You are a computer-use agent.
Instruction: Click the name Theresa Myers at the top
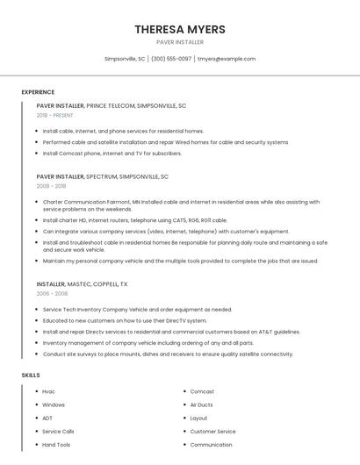(180, 29)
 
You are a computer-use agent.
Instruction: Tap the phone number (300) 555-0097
(170, 59)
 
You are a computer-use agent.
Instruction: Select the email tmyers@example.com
(227, 59)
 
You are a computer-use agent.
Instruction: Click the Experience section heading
(38, 92)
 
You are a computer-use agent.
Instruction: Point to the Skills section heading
(31, 375)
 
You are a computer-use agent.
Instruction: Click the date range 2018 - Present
(55, 115)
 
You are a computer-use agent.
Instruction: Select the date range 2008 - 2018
(51, 186)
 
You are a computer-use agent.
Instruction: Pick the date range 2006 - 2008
(51, 294)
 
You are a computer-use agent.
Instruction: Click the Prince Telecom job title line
(112, 105)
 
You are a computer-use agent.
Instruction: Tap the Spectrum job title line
(102, 176)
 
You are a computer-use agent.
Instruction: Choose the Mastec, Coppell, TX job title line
(82, 284)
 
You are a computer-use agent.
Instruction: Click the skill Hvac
(48, 391)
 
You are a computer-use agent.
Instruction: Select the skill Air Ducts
(201, 404)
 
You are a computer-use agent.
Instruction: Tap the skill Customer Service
(212, 432)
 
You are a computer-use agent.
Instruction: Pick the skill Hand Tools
(56, 445)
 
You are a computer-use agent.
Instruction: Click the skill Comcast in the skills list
(202, 391)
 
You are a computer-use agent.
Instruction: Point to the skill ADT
(47, 418)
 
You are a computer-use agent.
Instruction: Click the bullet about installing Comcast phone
(112, 153)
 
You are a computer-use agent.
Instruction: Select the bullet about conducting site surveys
(167, 354)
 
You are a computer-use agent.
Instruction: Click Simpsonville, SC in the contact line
(125, 59)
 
